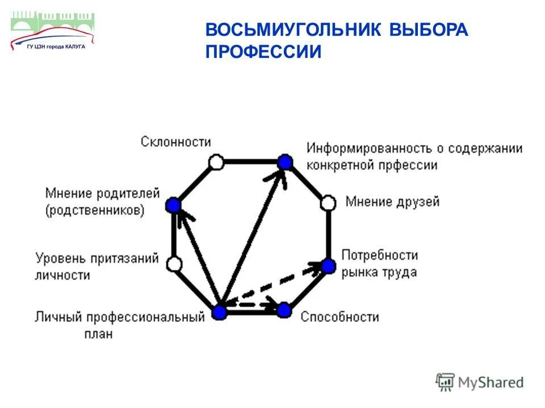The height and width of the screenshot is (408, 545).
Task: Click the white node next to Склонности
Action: point(215,163)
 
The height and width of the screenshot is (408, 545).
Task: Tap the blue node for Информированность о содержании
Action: point(285,163)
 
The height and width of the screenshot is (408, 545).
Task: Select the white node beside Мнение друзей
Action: point(328,203)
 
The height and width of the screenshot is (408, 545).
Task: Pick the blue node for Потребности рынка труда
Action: point(329,265)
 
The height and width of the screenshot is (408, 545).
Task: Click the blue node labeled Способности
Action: point(284,310)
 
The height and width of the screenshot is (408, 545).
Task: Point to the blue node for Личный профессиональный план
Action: point(219,311)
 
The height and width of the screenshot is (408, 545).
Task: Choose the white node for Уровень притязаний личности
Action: point(174,263)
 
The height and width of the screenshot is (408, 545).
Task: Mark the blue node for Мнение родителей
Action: point(173,205)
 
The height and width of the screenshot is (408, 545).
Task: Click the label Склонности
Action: point(175,142)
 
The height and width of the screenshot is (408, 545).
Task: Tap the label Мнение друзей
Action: point(392,202)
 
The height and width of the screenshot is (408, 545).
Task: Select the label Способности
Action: point(339,316)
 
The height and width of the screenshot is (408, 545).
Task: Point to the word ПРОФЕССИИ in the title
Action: point(263,52)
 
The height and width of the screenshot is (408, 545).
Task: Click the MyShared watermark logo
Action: point(480,382)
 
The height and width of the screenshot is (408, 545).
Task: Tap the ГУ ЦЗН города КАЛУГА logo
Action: point(52,31)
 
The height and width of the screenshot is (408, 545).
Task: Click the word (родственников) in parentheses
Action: point(95,210)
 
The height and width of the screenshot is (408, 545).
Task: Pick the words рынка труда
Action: point(379,272)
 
